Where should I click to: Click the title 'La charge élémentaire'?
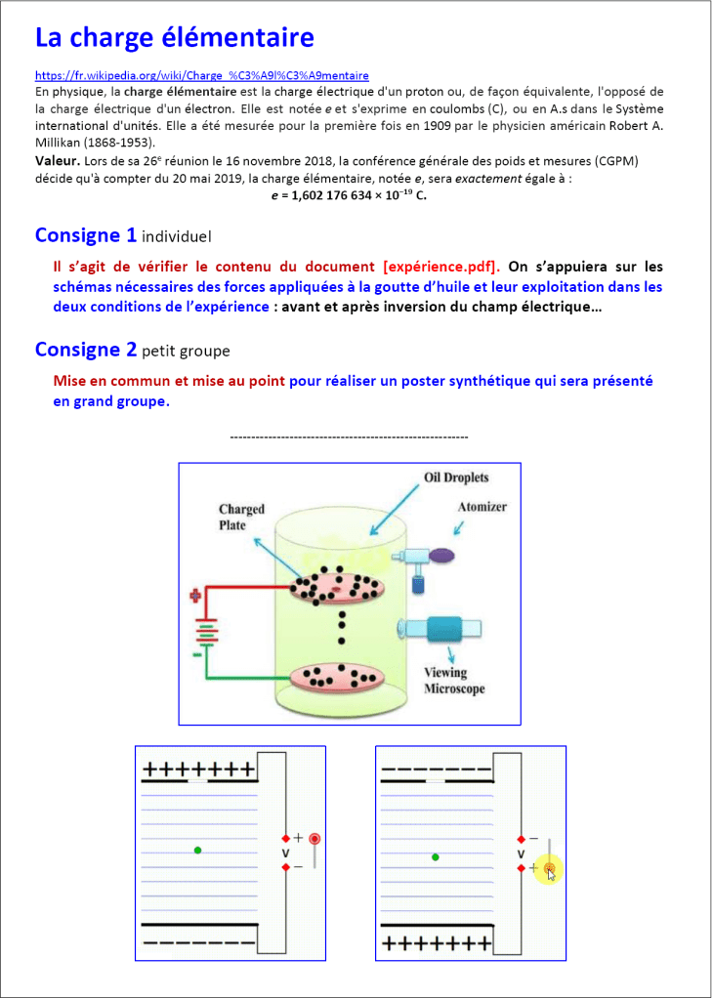pos(175,38)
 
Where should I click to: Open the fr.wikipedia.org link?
pos(202,75)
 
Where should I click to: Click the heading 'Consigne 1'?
pos(85,235)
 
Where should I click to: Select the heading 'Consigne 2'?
pos(85,350)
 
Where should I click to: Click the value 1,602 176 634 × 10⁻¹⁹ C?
pos(349,195)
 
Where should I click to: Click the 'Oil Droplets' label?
pos(455,479)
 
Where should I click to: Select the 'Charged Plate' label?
pos(241,517)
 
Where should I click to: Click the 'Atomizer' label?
pos(482,508)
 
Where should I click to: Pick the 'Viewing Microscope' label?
pos(446,681)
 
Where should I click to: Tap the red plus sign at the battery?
pos(195,594)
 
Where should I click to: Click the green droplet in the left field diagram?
pos(198,851)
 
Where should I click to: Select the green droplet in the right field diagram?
pos(436,857)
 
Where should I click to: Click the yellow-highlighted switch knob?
pos(550,868)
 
